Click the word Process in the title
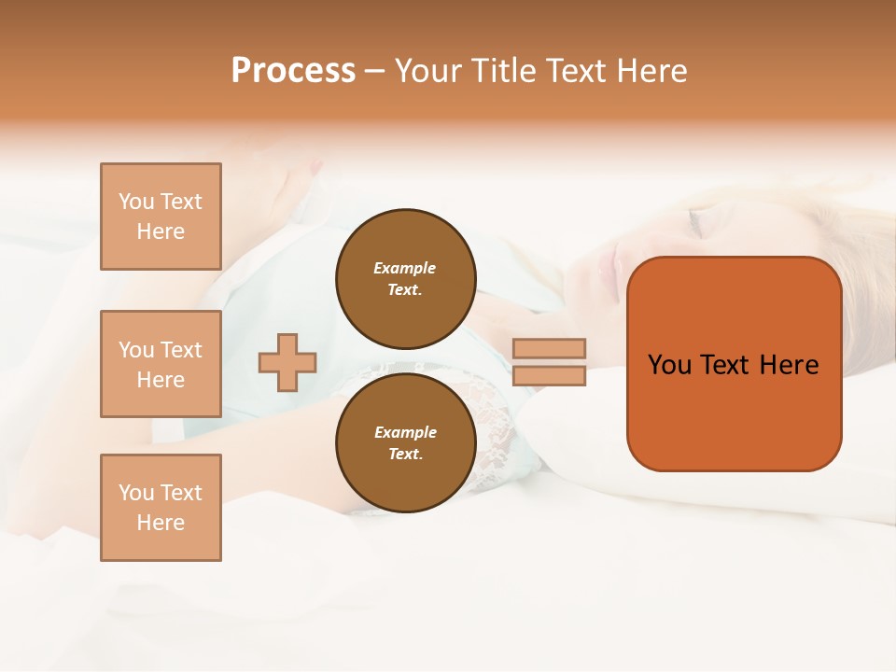293,71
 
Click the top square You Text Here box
161,217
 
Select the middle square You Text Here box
161,364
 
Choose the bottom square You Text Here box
161,508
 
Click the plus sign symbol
287,361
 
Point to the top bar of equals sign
549,348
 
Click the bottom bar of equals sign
549,375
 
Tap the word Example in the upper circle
404,268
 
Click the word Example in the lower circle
405,432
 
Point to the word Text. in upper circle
405,289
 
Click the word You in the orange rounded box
669,365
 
